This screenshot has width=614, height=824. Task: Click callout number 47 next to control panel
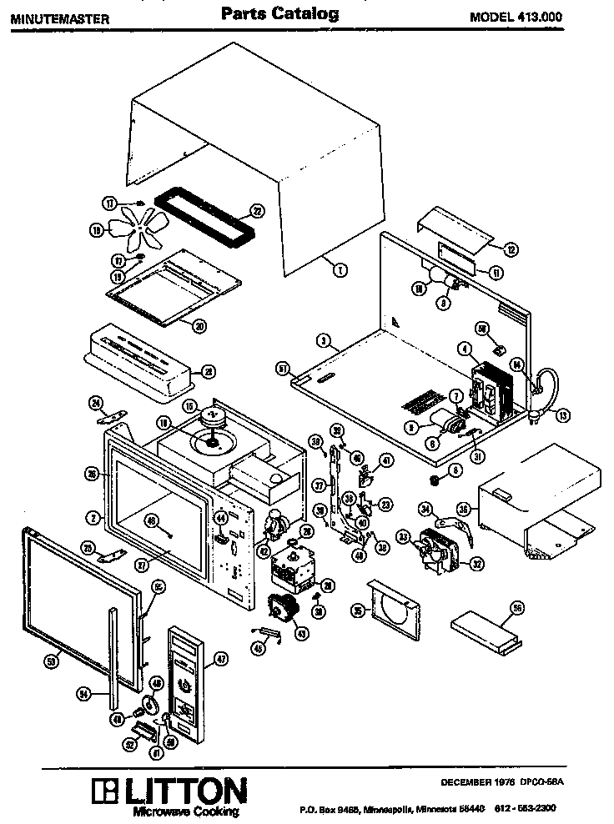click(222, 658)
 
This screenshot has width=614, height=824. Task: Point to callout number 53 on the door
click(51, 660)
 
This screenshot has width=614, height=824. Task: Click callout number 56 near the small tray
click(517, 609)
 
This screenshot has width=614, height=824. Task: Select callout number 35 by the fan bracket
click(357, 611)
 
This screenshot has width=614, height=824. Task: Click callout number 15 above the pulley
click(189, 406)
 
